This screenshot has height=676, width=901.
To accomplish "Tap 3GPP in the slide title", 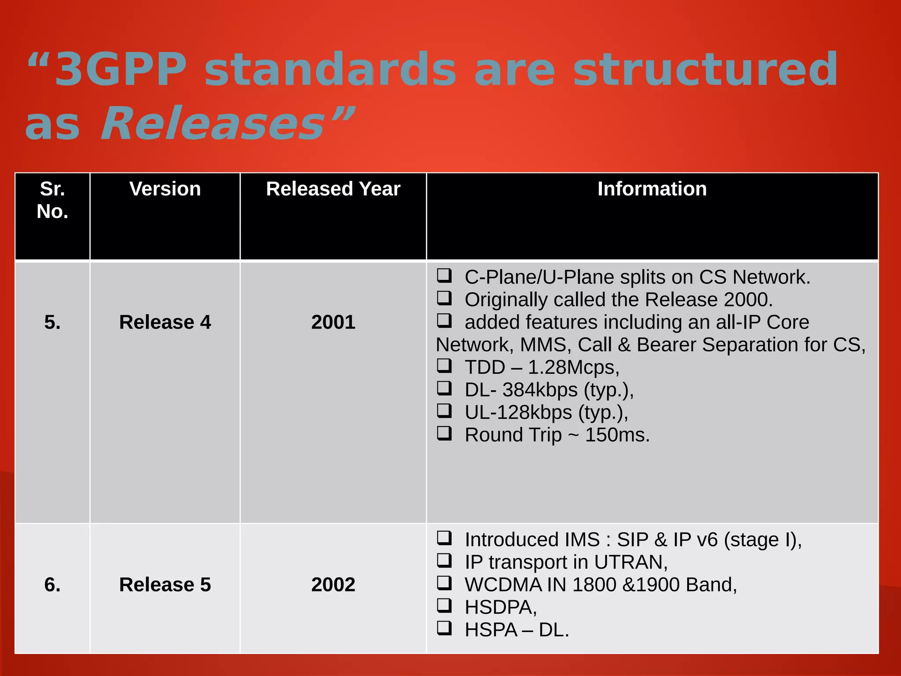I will pyautogui.click(x=121, y=70).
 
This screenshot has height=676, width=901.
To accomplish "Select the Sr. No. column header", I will pyautogui.click(x=52, y=200).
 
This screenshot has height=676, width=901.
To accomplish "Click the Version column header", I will pyautogui.click(x=165, y=189).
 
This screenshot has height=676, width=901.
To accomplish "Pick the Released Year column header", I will pyautogui.click(x=333, y=189).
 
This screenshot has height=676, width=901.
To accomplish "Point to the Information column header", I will pyautogui.click(x=652, y=189).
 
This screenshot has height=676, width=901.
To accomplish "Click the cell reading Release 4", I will pyautogui.click(x=165, y=322).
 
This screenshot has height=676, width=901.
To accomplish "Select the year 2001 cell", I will pyautogui.click(x=333, y=322).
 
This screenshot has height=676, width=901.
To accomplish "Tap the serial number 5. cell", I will pyautogui.click(x=52, y=322).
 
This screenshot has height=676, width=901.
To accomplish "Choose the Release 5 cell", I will pyautogui.click(x=165, y=584).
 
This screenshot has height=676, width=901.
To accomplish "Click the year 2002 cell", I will pyautogui.click(x=333, y=584).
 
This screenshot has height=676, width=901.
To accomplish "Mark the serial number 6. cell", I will pyautogui.click(x=52, y=584).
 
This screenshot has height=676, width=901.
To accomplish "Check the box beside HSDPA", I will pyautogui.click(x=444, y=606).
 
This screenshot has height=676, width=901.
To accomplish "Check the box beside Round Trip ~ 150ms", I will pyautogui.click(x=444, y=434).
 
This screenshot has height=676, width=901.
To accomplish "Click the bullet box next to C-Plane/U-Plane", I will pyautogui.click(x=444, y=276).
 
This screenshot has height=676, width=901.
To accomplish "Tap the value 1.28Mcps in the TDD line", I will pyautogui.click(x=573, y=367).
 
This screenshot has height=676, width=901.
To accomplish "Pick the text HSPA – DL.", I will pyautogui.click(x=517, y=630).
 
